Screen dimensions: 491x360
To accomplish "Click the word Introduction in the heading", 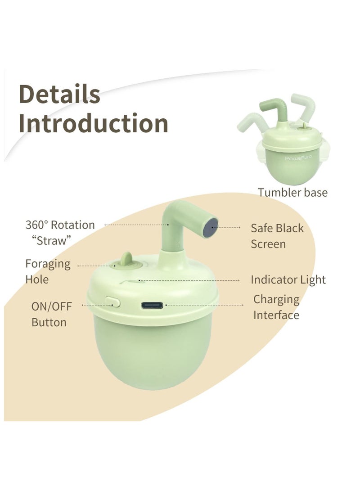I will point(93,123).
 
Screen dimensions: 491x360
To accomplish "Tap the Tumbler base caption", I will point(292,192).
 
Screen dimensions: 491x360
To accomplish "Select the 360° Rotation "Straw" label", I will point(60,232).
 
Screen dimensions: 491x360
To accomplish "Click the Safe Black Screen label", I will point(277,236).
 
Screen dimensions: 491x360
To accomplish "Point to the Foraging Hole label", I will point(48,271).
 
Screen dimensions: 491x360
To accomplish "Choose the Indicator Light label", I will point(288,279).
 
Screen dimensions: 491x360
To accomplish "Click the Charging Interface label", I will point(276,307).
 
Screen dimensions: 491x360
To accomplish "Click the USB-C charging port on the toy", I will point(153,306).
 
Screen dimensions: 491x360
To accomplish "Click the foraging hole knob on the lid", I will point(126,261).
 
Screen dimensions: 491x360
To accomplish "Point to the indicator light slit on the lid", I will point(130,283).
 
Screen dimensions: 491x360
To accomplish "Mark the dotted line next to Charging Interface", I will point(202,305).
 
